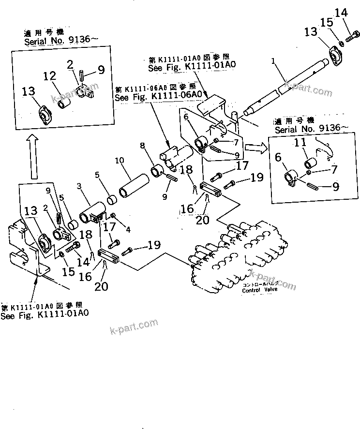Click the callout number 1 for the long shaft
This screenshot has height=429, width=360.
(273, 62)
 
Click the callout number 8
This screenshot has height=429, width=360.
(143, 146)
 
